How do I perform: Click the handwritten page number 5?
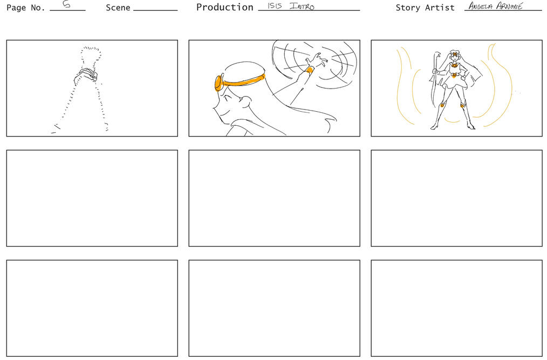coord(66,4)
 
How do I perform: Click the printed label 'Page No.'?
coord(26,8)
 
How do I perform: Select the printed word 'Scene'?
coord(118,8)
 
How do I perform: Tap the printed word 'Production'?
coord(224,8)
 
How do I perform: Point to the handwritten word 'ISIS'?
coord(275,5)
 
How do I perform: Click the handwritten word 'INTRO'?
coord(302,6)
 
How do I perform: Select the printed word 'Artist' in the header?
coord(440,8)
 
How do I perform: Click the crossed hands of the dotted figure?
coord(86,76)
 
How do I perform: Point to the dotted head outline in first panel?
coord(91,57)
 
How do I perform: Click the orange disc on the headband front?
coord(218,83)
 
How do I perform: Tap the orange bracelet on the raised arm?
coord(309,71)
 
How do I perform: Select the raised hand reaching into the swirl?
coord(317,61)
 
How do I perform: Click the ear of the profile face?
coord(245,101)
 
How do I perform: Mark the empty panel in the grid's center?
coord(274,198)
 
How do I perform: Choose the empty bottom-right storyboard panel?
coord(457,308)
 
